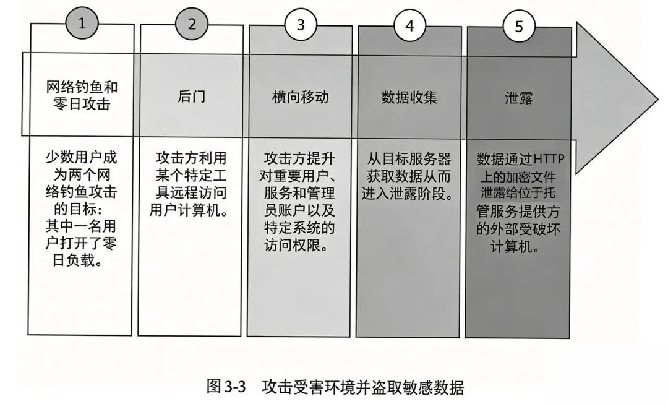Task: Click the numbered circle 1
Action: tap(82, 25)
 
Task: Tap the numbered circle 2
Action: tap(192, 25)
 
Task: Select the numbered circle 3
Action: tap(301, 25)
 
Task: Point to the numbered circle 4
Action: tap(409, 25)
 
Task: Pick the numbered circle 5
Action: tap(518, 25)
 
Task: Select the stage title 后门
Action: tap(191, 97)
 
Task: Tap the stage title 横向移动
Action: tap(300, 97)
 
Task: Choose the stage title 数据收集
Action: tap(409, 97)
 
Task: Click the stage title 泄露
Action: tap(518, 97)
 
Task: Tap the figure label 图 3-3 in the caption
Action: tap(226, 387)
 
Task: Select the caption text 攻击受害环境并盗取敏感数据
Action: tap(362, 387)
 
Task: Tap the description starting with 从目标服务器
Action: tap(409, 174)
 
